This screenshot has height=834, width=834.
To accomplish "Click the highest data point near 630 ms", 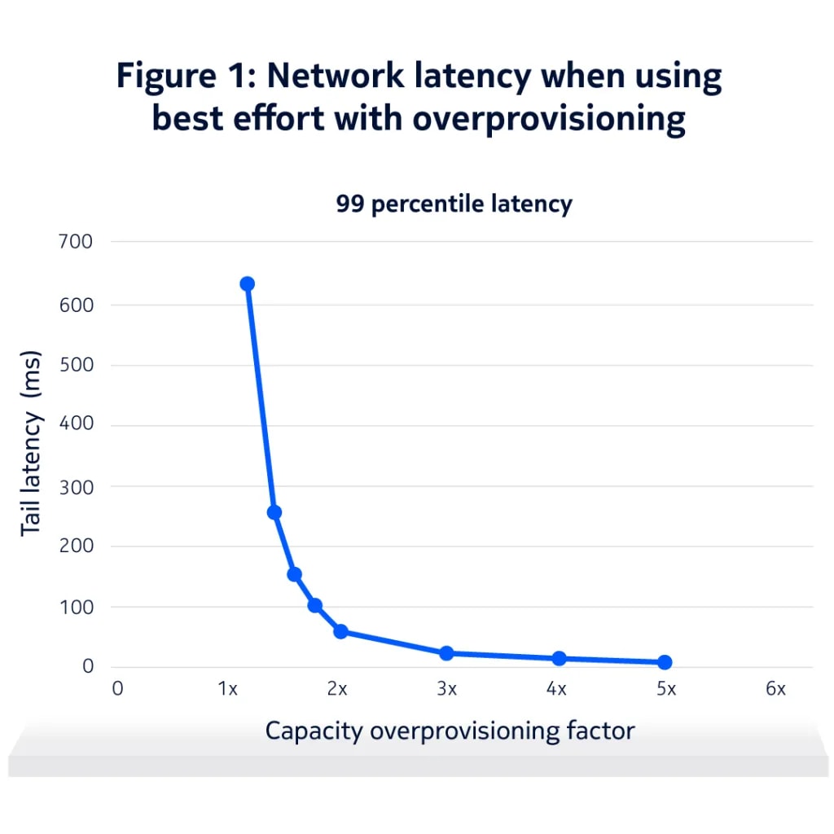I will coord(247,284).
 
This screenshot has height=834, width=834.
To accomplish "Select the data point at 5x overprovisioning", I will coord(665,662).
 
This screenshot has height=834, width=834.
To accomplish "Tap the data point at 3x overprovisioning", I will coord(446,653).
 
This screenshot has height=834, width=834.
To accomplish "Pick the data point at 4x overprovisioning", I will coord(559,658).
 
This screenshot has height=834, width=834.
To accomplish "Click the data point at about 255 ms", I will coord(274,512).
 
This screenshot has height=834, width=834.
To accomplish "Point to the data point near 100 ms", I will coord(315,605).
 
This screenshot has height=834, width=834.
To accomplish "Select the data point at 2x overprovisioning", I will coord(340,631).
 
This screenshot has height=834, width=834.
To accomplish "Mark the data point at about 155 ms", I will coord(295,574).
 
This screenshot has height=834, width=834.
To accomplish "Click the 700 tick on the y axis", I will coord(76,242).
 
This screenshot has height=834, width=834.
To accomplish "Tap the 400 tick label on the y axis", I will coord(76,424).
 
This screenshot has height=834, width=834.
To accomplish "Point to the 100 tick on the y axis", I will coord(76,607).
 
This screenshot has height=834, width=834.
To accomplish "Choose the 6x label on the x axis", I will coord(775,689).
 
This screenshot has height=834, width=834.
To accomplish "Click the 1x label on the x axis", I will coord(227,689).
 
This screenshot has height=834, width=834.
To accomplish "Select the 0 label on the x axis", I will coord(118,689).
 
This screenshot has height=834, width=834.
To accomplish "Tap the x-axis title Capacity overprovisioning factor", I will coord(450,731).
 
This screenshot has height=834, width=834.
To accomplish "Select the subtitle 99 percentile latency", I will coord(454,204).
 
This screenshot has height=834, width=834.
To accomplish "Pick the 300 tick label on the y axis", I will coord(76,485).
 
